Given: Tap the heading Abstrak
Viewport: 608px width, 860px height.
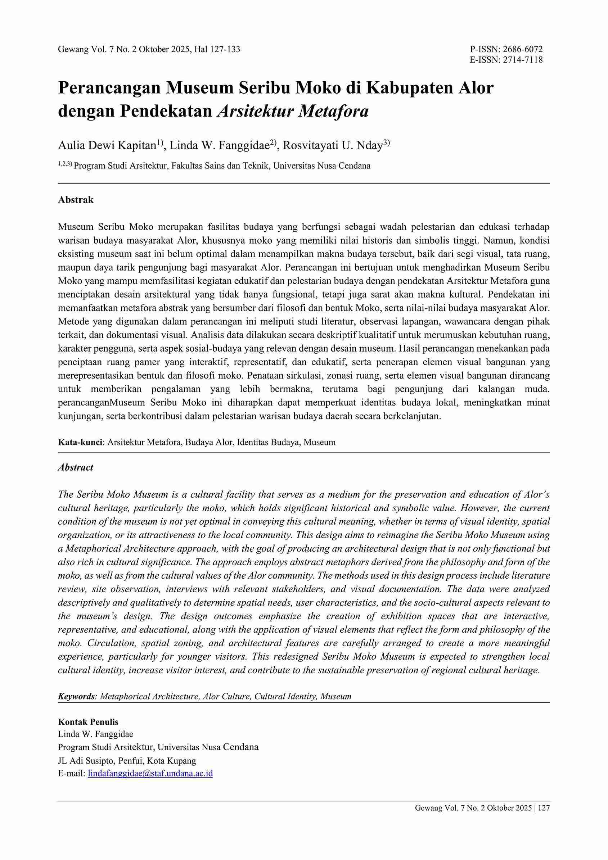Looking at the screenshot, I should [76, 200].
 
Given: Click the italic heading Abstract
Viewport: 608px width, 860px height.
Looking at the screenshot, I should [76, 467].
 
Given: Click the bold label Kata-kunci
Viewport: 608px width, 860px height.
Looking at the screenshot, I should [80, 442].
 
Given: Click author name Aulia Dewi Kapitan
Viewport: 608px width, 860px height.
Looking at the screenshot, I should [107, 145].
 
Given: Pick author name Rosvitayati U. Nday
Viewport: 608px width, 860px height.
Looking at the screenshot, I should [332, 145].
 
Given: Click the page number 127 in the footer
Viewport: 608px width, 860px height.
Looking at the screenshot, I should [544, 808].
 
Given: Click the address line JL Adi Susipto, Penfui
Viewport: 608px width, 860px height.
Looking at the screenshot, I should [127, 761].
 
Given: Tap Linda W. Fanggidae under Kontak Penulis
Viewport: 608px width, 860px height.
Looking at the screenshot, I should [95, 734].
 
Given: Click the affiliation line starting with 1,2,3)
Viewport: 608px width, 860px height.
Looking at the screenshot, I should [214, 166].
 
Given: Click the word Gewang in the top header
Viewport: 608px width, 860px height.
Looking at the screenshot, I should [72, 49].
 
